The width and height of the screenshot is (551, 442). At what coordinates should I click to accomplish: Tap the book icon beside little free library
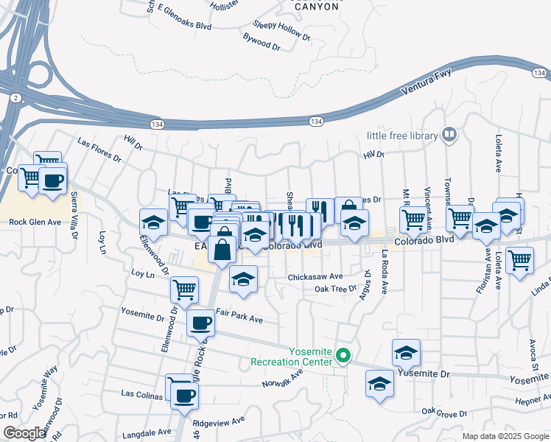pyautogui.click(x=449, y=135)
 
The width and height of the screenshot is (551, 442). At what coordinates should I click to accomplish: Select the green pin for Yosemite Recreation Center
pyautogui.click(x=343, y=357)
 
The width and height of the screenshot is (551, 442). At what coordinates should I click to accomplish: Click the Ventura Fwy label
pyautogui.click(x=425, y=85)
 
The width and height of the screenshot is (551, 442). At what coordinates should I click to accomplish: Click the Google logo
pyautogui.click(x=24, y=433)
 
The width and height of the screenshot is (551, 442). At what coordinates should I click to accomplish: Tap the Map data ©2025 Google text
pyautogui.click(x=505, y=436)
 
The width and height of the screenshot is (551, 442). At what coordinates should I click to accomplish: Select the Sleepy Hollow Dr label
pyautogui.click(x=277, y=29)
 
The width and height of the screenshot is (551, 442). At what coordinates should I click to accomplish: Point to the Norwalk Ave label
pyautogui.click(x=283, y=379)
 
